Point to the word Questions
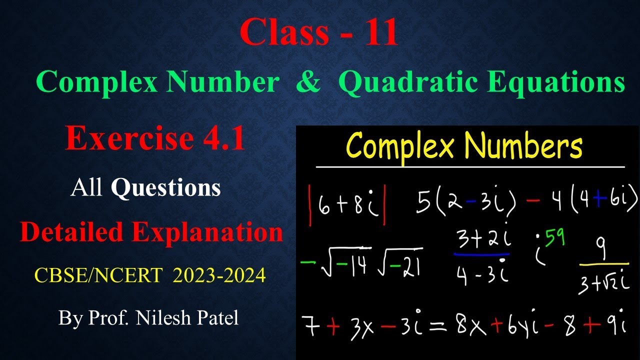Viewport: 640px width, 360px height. tap(165, 188)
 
